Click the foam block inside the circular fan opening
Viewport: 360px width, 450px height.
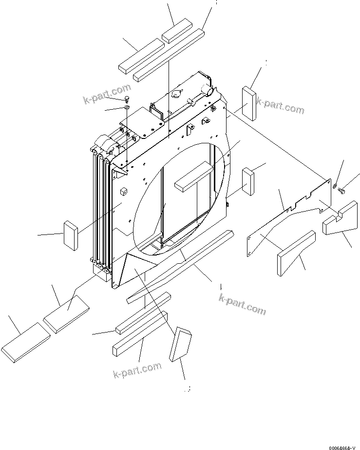pos(193,176)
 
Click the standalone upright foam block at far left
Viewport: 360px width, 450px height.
pos(71,235)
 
